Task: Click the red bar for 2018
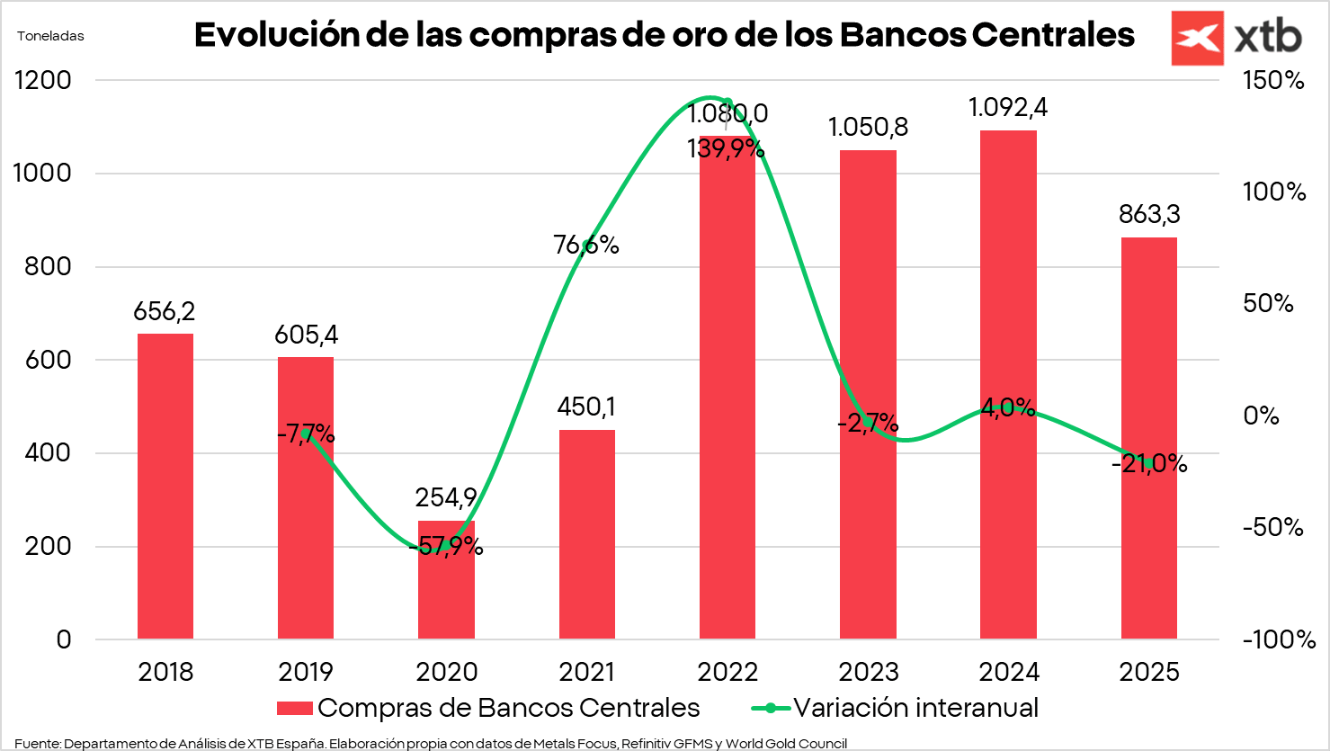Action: tap(165, 486)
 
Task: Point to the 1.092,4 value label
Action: tap(1007, 108)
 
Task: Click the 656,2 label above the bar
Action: tap(165, 312)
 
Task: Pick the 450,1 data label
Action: tap(586, 407)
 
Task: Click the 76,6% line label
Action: tap(586, 245)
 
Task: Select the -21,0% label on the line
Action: tap(1149, 464)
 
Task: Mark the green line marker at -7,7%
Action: tap(307, 434)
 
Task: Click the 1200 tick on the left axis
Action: tap(43, 80)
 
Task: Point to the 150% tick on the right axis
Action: tap(1272, 80)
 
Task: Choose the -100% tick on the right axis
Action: tap(1278, 639)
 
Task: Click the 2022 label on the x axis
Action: tap(727, 672)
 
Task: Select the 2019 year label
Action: tap(306, 672)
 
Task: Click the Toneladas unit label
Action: tap(50, 36)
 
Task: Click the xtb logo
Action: tap(1236, 38)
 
